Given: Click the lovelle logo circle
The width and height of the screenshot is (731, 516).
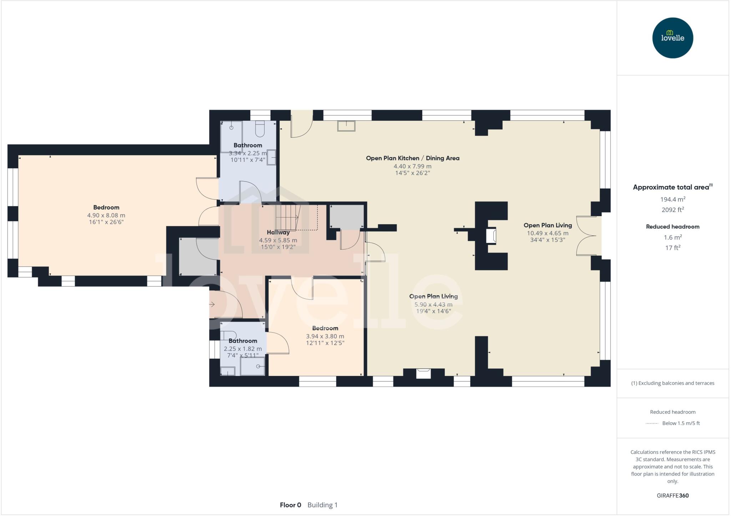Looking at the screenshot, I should coord(672,38).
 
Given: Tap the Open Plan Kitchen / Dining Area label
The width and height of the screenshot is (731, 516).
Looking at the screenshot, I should coord(413,158).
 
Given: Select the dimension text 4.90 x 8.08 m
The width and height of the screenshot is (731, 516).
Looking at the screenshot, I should coord(106,215).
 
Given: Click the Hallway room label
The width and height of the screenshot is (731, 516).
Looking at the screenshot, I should coord(278,232).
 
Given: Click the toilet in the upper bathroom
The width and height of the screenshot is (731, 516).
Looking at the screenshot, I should coord(260,129).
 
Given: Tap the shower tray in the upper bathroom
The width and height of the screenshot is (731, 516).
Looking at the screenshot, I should coord(231,137).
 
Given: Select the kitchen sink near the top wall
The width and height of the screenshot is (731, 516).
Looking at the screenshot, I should coord(346,126).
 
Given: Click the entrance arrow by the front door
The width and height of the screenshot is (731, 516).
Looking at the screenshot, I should coord(212,304).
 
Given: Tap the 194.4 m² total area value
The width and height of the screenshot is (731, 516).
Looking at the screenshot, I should coord(672,199).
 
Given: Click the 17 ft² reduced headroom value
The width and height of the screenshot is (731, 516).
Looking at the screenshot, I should coord(672,247).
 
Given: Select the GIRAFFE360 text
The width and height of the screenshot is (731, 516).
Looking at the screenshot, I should coord(672,495).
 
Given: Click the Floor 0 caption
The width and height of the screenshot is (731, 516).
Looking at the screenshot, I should coord(290,505).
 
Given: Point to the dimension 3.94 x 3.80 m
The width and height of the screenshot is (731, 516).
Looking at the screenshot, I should coord(325,336).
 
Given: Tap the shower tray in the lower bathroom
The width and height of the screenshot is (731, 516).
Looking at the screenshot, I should coord(252,366).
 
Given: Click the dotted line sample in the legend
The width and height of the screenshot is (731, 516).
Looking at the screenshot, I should coord(652,423).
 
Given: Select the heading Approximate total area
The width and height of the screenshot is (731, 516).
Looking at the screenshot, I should coord(671,187).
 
